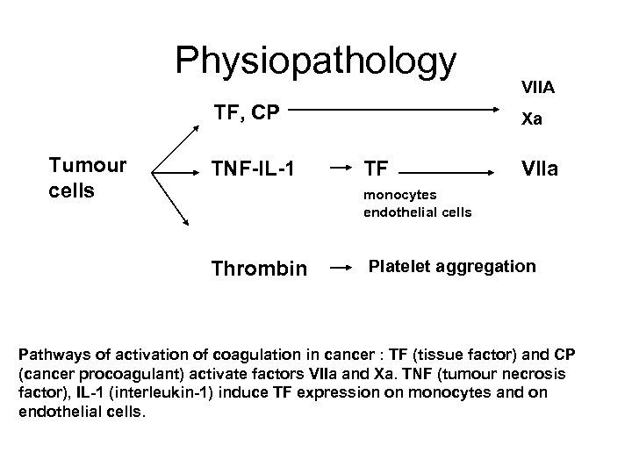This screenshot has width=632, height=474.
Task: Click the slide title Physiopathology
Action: [x=316, y=61]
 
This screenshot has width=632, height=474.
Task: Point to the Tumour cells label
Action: [x=87, y=178]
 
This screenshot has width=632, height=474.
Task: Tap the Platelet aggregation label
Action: [x=451, y=265]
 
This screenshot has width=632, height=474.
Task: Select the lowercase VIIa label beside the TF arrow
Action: [x=538, y=166]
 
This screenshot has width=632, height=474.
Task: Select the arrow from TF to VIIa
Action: [x=449, y=165]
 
